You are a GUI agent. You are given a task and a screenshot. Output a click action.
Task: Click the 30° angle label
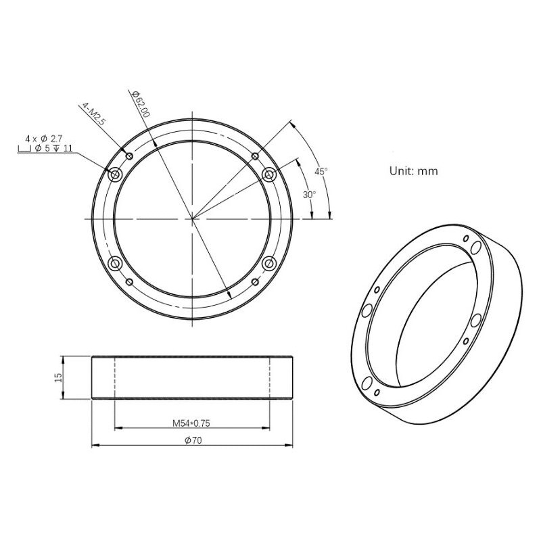click(309, 195)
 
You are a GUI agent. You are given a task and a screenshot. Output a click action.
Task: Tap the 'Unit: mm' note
click(413, 171)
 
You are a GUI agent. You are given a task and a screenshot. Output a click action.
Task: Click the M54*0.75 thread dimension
click(193, 423)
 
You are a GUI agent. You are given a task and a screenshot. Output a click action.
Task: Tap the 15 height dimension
click(58, 377)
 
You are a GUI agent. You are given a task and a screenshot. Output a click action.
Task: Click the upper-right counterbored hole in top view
click(268, 174)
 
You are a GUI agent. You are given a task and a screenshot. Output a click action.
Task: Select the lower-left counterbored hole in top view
click(115, 262)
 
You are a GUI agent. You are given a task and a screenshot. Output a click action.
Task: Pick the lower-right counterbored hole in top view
click(268, 262)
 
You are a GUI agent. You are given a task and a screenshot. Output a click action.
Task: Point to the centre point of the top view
click(192, 218)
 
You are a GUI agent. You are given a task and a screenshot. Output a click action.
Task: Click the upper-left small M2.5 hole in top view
click(129, 156)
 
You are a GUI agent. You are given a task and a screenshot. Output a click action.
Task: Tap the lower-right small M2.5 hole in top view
click(254, 281)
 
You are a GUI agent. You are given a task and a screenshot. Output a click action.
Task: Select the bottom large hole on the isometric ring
click(366, 383)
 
